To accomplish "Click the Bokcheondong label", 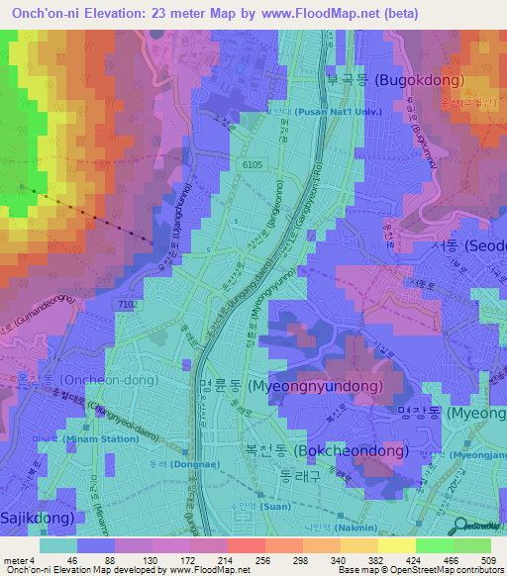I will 326,451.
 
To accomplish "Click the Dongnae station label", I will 174,463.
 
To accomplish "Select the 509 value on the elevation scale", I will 482,561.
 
